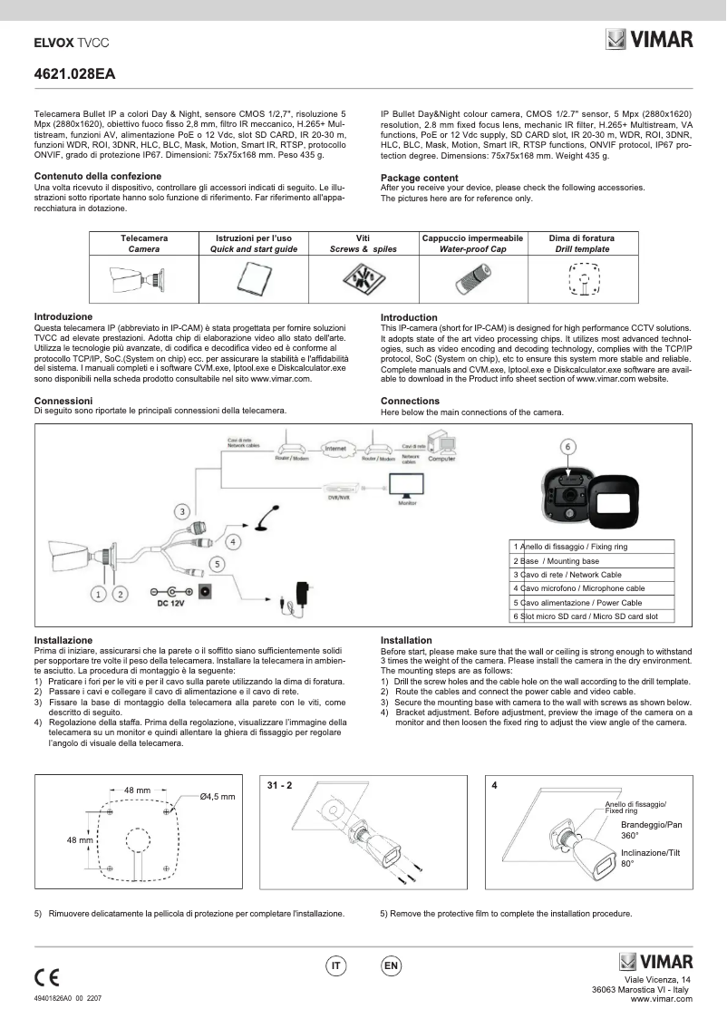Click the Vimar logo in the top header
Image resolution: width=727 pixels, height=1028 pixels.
(x=649, y=40)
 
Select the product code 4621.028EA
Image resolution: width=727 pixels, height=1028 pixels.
(x=74, y=73)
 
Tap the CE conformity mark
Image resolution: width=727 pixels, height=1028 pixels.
(x=46, y=977)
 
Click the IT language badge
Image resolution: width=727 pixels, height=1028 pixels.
(x=335, y=966)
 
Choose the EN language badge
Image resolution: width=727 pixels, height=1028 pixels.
(x=391, y=966)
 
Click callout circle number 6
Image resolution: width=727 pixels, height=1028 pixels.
(x=567, y=446)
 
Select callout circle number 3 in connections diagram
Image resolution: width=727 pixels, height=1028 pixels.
(x=182, y=511)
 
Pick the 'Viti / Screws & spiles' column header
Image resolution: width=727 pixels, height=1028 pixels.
(x=363, y=243)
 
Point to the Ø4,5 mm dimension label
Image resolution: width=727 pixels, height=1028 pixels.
(x=218, y=796)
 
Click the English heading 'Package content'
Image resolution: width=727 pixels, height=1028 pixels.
(x=419, y=178)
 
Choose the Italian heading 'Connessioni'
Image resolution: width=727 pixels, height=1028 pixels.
(x=63, y=400)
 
